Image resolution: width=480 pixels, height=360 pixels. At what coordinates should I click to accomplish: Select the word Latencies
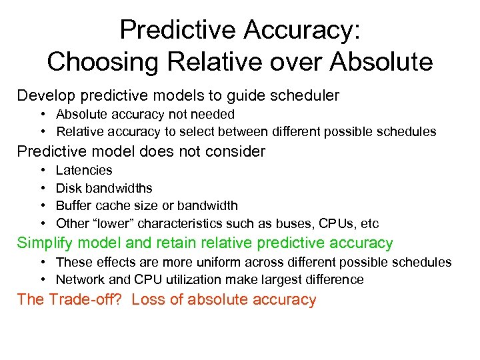pos(84,171)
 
